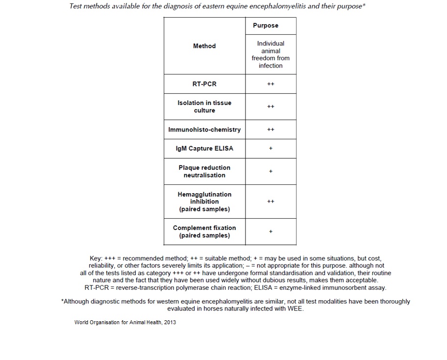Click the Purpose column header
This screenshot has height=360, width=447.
coord(266,26)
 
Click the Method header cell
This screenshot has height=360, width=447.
coord(204,46)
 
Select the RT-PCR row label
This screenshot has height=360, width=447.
coord(204,84)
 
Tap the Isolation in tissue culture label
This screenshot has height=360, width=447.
coord(204,106)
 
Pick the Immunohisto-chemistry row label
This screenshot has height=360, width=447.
coord(204,129)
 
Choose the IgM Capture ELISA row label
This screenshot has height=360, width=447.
coord(204,149)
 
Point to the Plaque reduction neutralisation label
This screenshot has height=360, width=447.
coord(204,171)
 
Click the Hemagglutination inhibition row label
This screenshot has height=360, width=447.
coord(204,202)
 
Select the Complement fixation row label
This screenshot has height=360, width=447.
coord(204,231)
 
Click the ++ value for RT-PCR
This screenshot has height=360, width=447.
coord(271,84)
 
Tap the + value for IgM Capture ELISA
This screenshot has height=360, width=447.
coord(271,149)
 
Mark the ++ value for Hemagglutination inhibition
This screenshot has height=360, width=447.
coord(271,202)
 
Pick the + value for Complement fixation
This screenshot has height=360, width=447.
coord(271,231)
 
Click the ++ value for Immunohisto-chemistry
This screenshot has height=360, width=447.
coord(271,129)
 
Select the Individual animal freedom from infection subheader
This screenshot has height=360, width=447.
coord(271,54)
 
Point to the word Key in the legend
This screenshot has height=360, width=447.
coord(96,258)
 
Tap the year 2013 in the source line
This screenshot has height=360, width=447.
coord(168,322)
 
